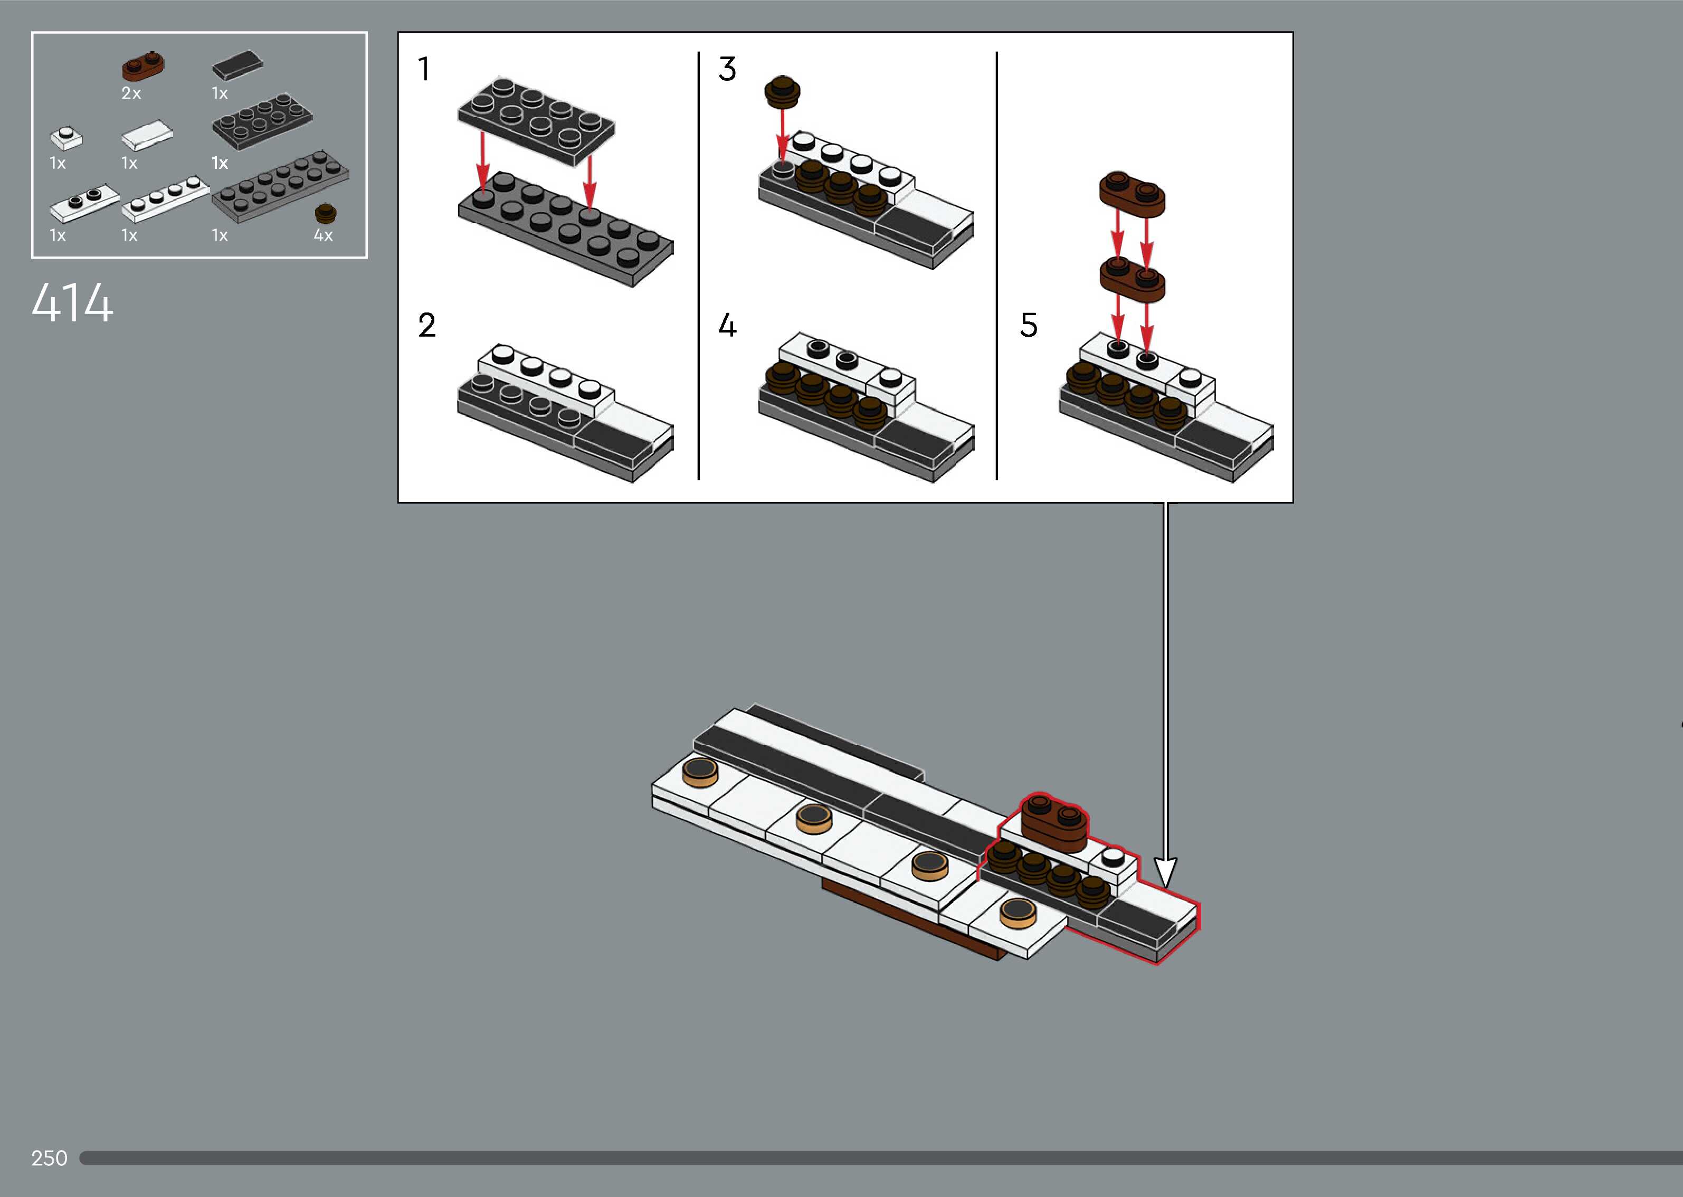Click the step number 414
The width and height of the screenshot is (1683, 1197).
click(72, 302)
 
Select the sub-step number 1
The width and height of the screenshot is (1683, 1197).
click(424, 69)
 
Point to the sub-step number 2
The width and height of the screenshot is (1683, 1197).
click(426, 325)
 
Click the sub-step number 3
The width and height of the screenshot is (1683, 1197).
click(727, 69)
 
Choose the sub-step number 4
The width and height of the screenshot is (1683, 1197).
click(727, 325)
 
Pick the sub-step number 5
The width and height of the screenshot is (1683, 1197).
click(1029, 325)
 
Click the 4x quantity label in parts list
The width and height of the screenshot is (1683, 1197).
click(324, 235)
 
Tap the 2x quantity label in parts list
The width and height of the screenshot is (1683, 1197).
click(131, 93)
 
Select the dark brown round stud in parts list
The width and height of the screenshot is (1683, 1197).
click(326, 214)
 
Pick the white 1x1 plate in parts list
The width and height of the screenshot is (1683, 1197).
click(66, 138)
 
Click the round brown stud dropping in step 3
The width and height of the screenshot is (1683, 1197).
click(783, 92)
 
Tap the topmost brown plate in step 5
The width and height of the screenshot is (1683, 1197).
click(1132, 195)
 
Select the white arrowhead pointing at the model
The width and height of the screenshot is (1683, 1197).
click(1165, 873)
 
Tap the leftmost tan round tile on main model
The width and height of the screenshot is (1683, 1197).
click(700, 772)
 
